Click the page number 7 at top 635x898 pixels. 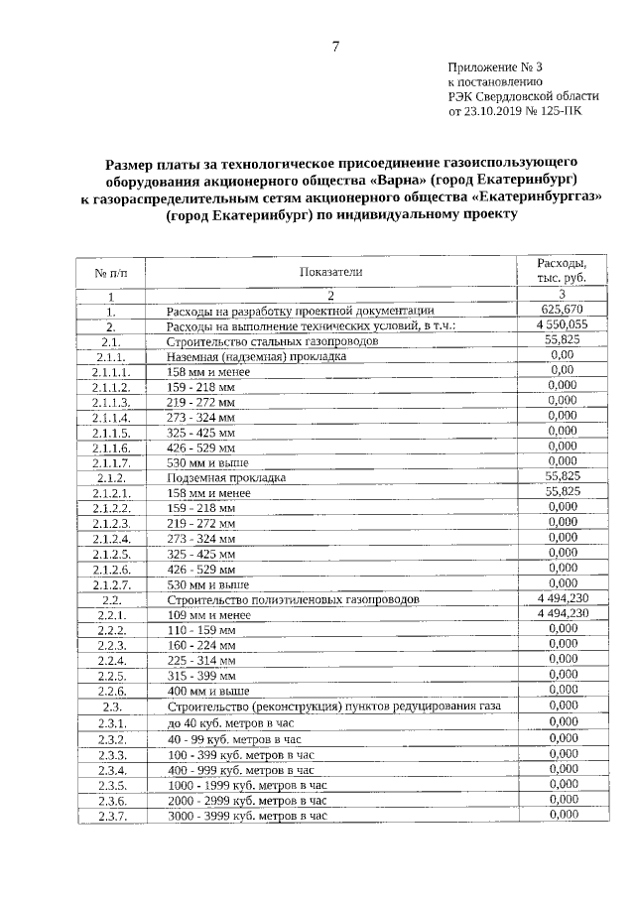336,47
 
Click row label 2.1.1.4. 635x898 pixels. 111,417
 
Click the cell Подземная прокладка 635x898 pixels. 227,477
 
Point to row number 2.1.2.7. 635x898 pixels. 111,584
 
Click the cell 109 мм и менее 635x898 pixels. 208,615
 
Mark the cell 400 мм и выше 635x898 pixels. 208,691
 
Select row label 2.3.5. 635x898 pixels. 111,784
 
